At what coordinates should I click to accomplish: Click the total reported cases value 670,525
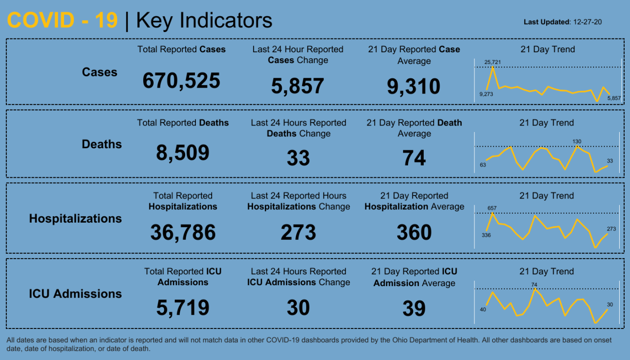[x=181, y=81]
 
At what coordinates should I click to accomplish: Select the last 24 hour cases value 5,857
[x=297, y=86]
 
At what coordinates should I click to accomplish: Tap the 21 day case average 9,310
[x=413, y=87]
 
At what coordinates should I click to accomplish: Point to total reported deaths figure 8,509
[x=183, y=153]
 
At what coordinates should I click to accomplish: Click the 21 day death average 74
[x=414, y=159]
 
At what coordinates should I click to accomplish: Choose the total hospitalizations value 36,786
[x=183, y=232]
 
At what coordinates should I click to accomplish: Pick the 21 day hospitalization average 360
[x=414, y=232]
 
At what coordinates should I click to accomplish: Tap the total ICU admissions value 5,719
[x=183, y=308]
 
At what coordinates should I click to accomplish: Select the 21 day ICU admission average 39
[x=414, y=308]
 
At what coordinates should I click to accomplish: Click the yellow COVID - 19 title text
[x=63, y=21]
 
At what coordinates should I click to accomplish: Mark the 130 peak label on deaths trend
[x=577, y=142]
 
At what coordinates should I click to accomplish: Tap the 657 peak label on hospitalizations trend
[x=492, y=208]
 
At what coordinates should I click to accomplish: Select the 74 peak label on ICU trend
[x=535, y=284]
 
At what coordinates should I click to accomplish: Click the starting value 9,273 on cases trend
[x=486, y=94]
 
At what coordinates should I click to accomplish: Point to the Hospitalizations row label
[x=75, y=219]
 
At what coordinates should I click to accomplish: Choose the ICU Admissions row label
[x=75, y=294]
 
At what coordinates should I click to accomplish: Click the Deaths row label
[x=102, y=144]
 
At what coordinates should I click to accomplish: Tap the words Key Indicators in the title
[x=204, y=21]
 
